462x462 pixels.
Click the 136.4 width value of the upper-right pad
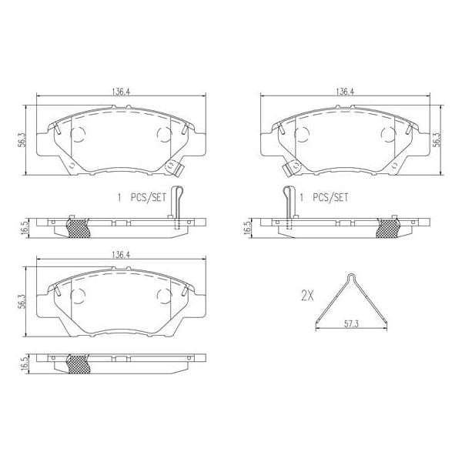click(x=345, y=91)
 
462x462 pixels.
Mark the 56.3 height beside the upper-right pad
click(x=437, y=139)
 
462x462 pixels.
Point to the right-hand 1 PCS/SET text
click(x=323, y=197)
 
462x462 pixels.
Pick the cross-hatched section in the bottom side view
click(x=78, y=362)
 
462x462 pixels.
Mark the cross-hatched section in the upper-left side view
click(x=78, y=226)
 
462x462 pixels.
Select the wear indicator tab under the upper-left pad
click(x=179, y=165)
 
